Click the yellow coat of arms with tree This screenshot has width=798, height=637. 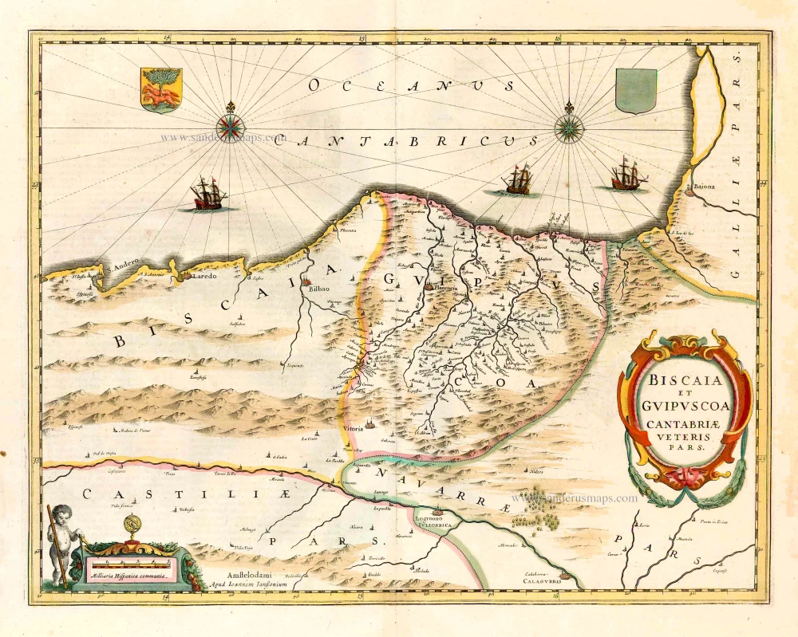[160, 89]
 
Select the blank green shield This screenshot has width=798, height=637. [636, 90]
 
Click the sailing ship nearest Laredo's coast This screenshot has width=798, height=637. [207, 194]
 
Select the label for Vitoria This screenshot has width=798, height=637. [355, 429]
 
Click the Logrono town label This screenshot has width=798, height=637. [432, 518]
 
